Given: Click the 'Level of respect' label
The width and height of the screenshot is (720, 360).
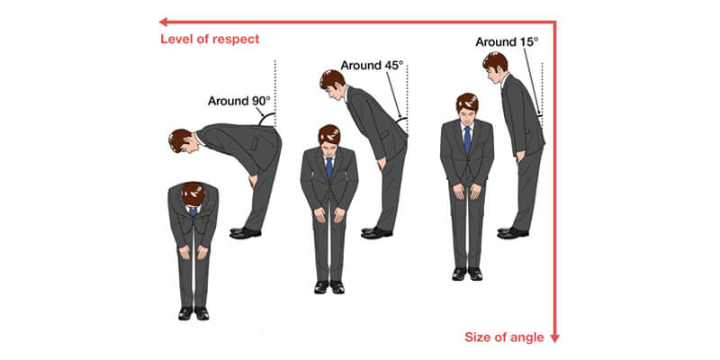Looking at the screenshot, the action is [210, 39].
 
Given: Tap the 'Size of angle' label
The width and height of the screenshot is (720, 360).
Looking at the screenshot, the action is [504, 337].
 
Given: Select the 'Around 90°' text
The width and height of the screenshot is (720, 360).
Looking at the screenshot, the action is [240, 101].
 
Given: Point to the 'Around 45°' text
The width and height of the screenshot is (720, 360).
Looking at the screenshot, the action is [372, 65].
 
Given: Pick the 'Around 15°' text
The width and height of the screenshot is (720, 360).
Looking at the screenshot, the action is [507, 41].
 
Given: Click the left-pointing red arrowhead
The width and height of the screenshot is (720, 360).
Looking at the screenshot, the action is [163, 22].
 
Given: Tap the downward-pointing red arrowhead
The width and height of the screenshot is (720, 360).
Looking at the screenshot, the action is [554, 338].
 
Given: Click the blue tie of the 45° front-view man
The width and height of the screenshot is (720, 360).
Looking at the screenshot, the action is [329, 167].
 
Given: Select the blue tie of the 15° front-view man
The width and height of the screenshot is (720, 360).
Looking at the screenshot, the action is [467, 140].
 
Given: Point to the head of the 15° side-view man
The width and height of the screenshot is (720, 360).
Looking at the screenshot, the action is [495, 67].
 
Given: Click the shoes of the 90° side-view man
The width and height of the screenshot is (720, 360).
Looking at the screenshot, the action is [245, 233].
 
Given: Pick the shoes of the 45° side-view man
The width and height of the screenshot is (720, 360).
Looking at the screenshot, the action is [376, 233].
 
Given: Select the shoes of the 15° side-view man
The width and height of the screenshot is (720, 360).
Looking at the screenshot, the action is [512, 233].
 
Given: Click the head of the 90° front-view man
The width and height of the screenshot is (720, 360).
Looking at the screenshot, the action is [193, 194].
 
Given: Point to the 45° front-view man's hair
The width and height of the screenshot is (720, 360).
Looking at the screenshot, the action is [329, 134].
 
